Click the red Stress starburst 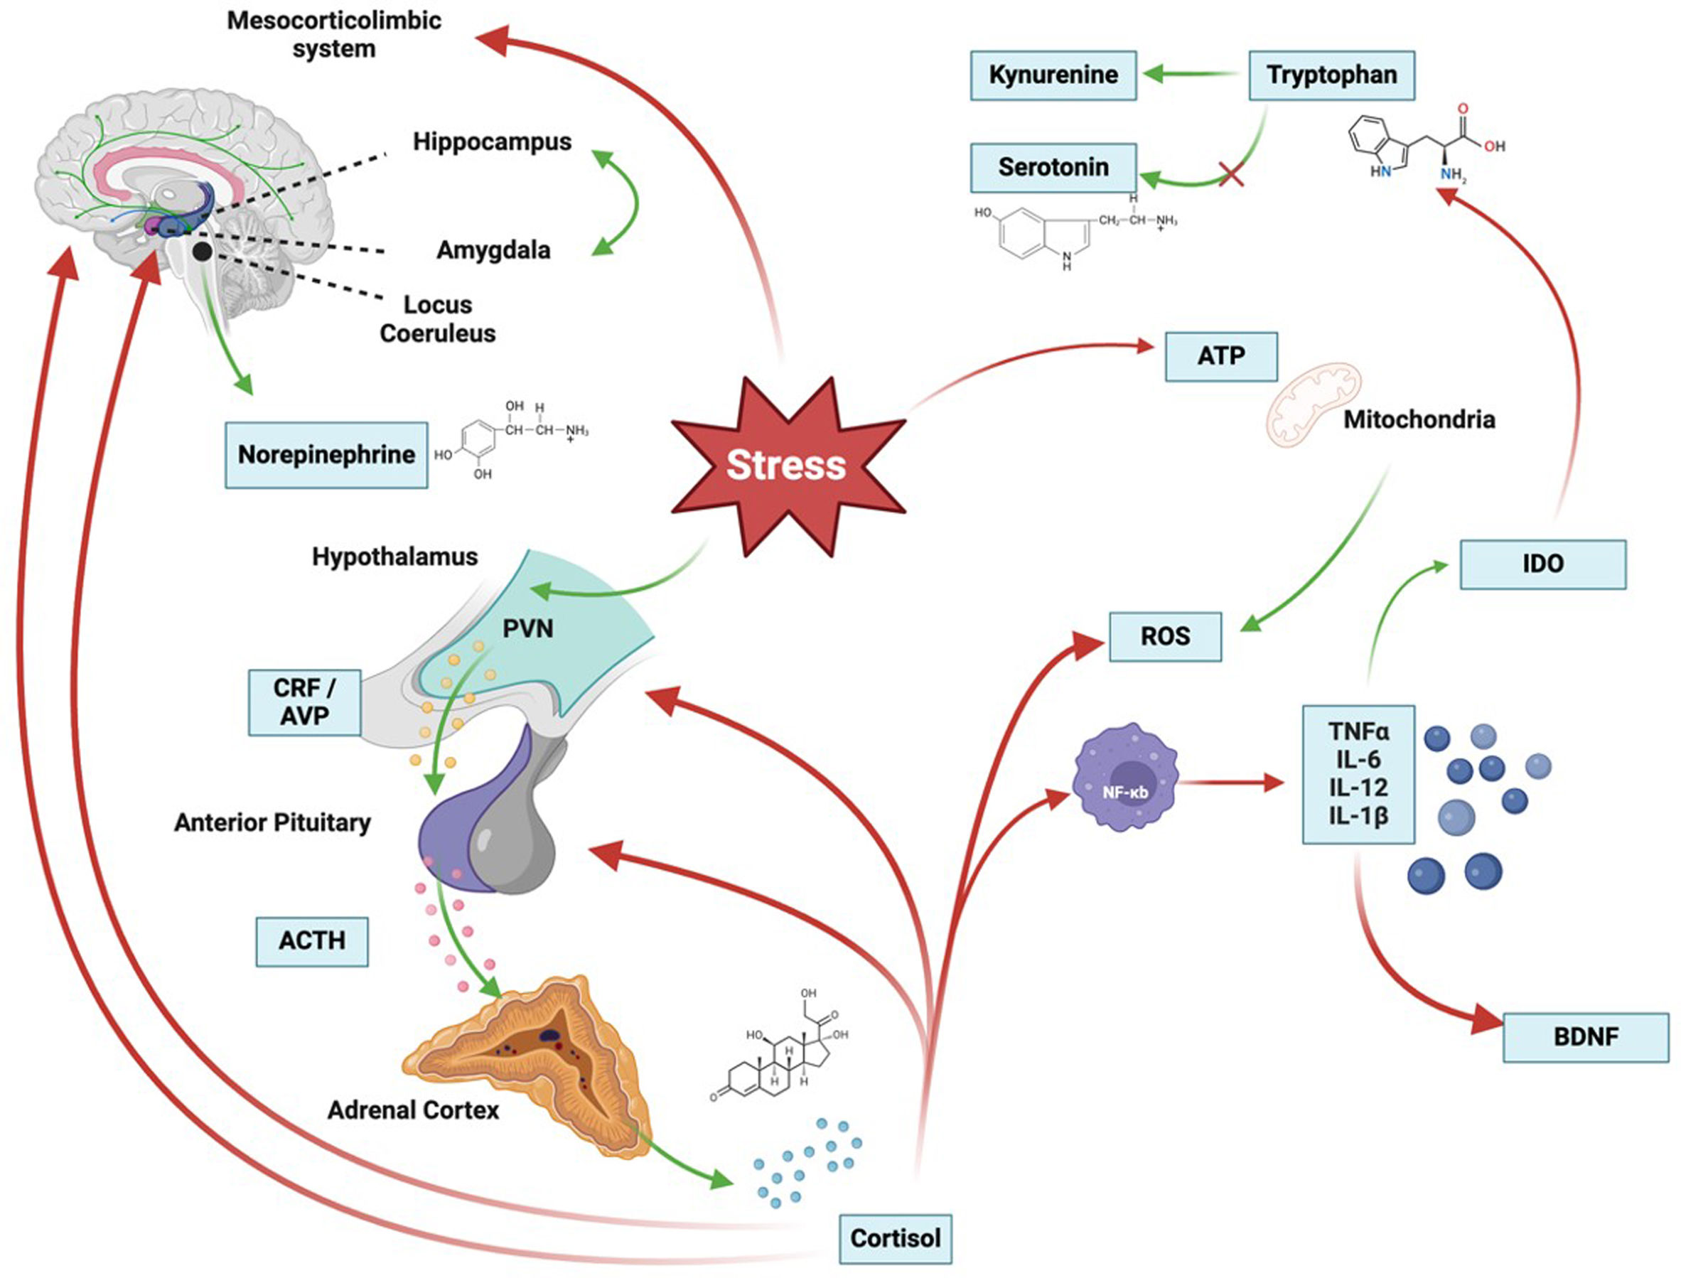[787, 466]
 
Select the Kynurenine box [1053, 75]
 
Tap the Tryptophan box [1331, 75]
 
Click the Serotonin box [1053, 167]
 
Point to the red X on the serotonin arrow [1230, 175]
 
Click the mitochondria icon [1313, 404]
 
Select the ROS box [1164, 636]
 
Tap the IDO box [1542, 564]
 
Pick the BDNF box [1585, 1037]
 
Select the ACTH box [312, 941]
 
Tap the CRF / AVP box [304, 702]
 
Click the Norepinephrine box [326, 455]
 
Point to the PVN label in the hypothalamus [528, 629]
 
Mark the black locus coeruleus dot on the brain [202, 252]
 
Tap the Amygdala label [493, 250]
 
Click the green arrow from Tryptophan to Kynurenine [1191, 74]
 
